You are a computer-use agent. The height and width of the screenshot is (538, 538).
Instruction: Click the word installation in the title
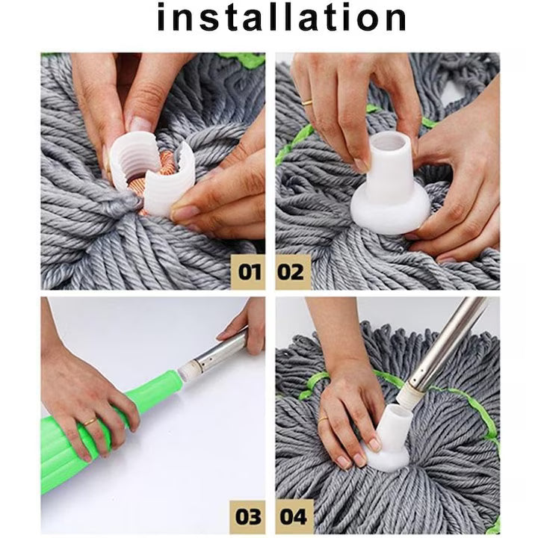click(282, 19)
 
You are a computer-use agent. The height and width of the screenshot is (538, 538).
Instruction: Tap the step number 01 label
click(250, 270)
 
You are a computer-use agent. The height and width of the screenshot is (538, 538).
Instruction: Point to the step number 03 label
click(250, 516)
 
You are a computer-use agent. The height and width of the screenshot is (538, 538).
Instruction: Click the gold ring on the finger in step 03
click(90, 423)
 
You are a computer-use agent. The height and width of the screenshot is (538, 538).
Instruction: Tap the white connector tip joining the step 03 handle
click(188, 368)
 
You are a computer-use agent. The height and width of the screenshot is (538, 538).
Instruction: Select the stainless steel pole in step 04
click(441, 344)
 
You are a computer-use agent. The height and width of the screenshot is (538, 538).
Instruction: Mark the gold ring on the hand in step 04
click(323, 421)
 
